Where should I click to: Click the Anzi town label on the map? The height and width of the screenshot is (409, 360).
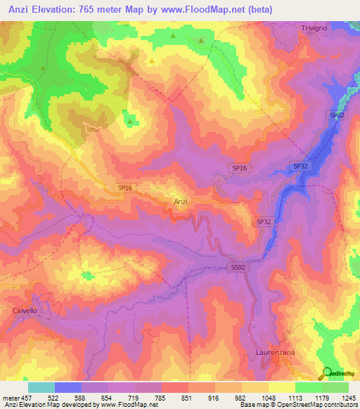180,202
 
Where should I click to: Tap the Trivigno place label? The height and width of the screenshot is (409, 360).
315,27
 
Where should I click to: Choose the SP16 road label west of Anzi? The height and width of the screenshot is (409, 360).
124,187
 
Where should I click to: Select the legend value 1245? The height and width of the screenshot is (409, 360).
348,397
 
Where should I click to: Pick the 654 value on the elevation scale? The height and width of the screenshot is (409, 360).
108,397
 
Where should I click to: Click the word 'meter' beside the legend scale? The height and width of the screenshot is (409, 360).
10,397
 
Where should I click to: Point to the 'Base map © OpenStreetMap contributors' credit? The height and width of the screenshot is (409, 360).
298,405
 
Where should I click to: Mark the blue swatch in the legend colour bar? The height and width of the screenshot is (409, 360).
68,387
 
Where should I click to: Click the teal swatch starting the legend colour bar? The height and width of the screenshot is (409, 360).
41,387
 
